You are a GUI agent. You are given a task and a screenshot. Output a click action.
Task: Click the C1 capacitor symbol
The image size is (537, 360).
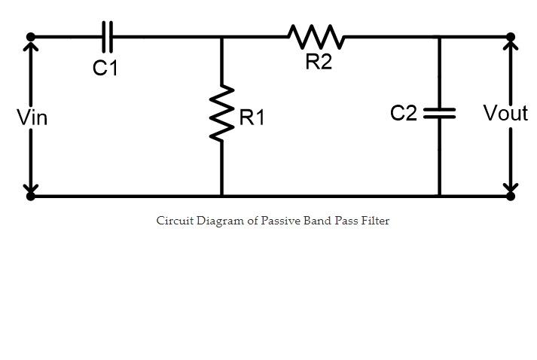(x=107, y=35)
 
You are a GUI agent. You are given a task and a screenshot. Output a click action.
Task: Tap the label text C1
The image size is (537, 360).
(x=105, y=69)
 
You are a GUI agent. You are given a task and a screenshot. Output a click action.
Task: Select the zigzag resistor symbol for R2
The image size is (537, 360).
(x=316, y=35)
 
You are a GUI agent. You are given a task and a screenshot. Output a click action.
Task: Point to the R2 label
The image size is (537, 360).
(x=319, y=63)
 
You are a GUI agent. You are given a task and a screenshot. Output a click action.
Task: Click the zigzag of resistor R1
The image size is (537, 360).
(x=221, y=114)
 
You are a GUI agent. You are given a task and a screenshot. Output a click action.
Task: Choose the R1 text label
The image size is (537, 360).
(x=252, y=117)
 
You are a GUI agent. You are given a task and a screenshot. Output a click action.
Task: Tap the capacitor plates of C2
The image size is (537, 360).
(x=440, y=113)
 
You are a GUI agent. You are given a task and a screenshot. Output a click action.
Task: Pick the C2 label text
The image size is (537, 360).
(x=404, y=113)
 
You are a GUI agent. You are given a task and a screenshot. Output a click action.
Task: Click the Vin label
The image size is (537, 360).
(x=32, y=117)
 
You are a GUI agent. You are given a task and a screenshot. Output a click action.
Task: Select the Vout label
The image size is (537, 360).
(x=505, y=114)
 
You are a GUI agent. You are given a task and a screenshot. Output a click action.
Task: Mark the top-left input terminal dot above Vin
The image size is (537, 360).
(x=31, y=36)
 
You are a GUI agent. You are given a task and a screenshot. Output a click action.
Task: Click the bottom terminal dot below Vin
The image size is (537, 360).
(x=31, y=196)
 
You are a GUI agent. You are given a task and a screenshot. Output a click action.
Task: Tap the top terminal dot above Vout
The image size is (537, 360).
(x=511, y=36)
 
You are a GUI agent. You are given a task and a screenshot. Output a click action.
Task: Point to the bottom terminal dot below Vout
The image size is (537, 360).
(x=511, y=196)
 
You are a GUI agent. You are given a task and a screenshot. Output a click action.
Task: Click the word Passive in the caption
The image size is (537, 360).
(x=282, y=221)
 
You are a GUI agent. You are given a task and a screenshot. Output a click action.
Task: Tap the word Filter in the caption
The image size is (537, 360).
(x=374, y=221)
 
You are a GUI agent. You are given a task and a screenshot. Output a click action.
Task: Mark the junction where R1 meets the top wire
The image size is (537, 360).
(x=221, y=36)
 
